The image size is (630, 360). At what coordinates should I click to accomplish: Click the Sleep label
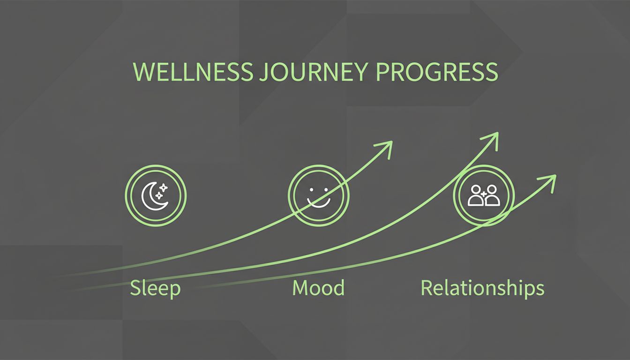(x=155, y=288)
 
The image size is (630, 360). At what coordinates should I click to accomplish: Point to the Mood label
(x=318, y=287)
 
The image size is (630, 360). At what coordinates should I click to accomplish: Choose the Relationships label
(x=482, y=288)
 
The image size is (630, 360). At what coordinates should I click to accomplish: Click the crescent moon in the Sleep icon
(x=152, y=197)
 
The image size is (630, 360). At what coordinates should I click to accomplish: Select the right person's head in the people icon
(x=491, y=189)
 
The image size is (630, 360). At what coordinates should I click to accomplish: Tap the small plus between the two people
(x=484, y=193)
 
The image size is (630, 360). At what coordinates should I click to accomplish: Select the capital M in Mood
(x=300, y=287)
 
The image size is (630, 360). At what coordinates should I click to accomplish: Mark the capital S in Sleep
(x=135, y=288)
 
